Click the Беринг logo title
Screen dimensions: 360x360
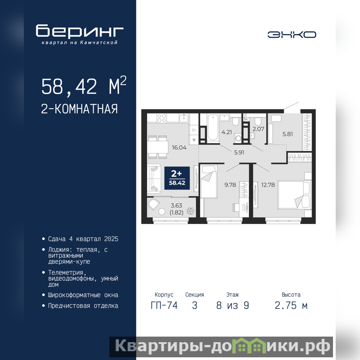pyautogui.click(x=80, y=31)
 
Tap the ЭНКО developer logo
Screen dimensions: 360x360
pyautogui.click(x=292, y=35)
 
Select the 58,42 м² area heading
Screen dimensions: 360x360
pyautogui.click(x=84, y=85)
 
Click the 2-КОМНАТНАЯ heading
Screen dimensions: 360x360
pyautogui.click(x=79, y=109)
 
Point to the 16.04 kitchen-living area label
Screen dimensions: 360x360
pyautogui.click(x=179, y=148)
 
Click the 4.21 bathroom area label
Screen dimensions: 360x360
pyautogui.click(x=226, y=132)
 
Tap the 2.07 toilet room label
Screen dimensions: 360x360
pyautogui.click(x=258, y=129)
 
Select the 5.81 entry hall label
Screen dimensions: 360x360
pyautogui.click(x=288, y=134)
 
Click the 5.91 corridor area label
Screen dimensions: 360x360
pyautogui.click(x=239, y=153)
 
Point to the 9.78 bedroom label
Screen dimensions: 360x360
pyautogui.click(x=230, y=185)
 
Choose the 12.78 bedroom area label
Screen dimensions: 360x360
pyautogui.click(x=268, y=185)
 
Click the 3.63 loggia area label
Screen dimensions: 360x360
pyautogui.click(x=176, y=206)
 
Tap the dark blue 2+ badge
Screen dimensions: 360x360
pyautogui.click(x=177, y=178)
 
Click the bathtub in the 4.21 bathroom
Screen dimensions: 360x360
pyautogui.click(x=213, y=127)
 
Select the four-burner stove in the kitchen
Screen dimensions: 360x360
pyautogui.click(x=162, y=118)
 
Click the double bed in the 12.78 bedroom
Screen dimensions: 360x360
pyautogui.click(x=294, y=195)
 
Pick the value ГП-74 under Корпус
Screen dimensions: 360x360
pyautogui.click(x=164, y=306)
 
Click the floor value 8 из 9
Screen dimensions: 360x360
pyautogui.click(x=233, y=306)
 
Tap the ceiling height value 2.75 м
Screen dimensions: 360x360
pyautogui.click(x=291, y=306)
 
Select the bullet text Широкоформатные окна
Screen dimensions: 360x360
pyautogui.click(x=83, y=295)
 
